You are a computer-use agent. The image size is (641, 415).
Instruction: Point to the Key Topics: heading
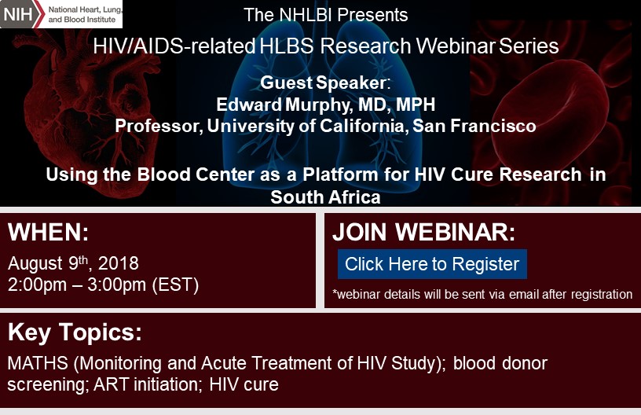(x=75, y=332)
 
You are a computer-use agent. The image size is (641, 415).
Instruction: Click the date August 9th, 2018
(x=73, y=263)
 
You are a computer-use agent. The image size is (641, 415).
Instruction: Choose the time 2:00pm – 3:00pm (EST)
(x=103, y=285)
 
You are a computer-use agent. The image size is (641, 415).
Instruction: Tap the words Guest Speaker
(x=323, y=83)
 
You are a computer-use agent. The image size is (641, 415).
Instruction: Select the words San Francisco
(x=474, y=126)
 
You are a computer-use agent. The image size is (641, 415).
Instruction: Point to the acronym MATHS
(x=38, y=363)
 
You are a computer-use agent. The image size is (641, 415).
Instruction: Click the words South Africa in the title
(x=325, y=197)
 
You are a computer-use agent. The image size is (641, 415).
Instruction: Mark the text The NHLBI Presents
(x=326, y=15)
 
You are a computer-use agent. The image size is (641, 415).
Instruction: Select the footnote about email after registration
(x=482, y=295)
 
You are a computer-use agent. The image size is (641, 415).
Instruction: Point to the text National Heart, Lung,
(x=85, y=9)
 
